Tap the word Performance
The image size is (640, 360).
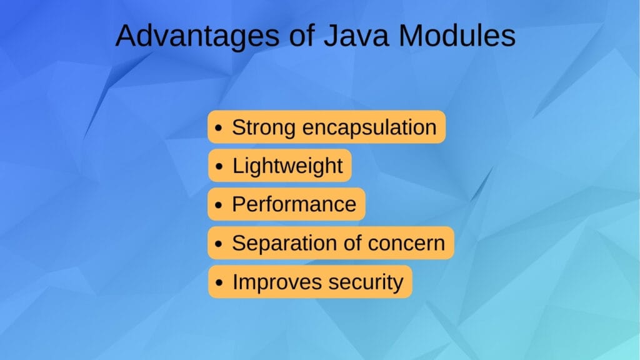point(294,204)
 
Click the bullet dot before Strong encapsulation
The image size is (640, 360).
point(218,129)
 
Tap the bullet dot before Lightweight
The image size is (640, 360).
point(218,167)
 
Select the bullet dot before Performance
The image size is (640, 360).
point(218,206)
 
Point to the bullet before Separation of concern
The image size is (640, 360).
point(218,244)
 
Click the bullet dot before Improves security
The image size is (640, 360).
point(218,283)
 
